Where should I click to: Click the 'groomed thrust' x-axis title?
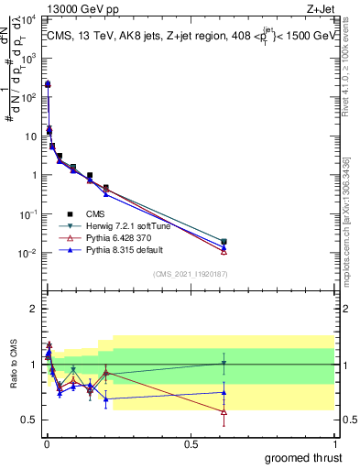click(305, 457)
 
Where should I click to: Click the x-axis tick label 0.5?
click(191, 443)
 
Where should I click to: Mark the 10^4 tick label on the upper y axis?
click(27, 19)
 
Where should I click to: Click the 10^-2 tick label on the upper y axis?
click(27, 254)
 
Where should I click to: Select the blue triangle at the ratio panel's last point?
click(224, 392)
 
